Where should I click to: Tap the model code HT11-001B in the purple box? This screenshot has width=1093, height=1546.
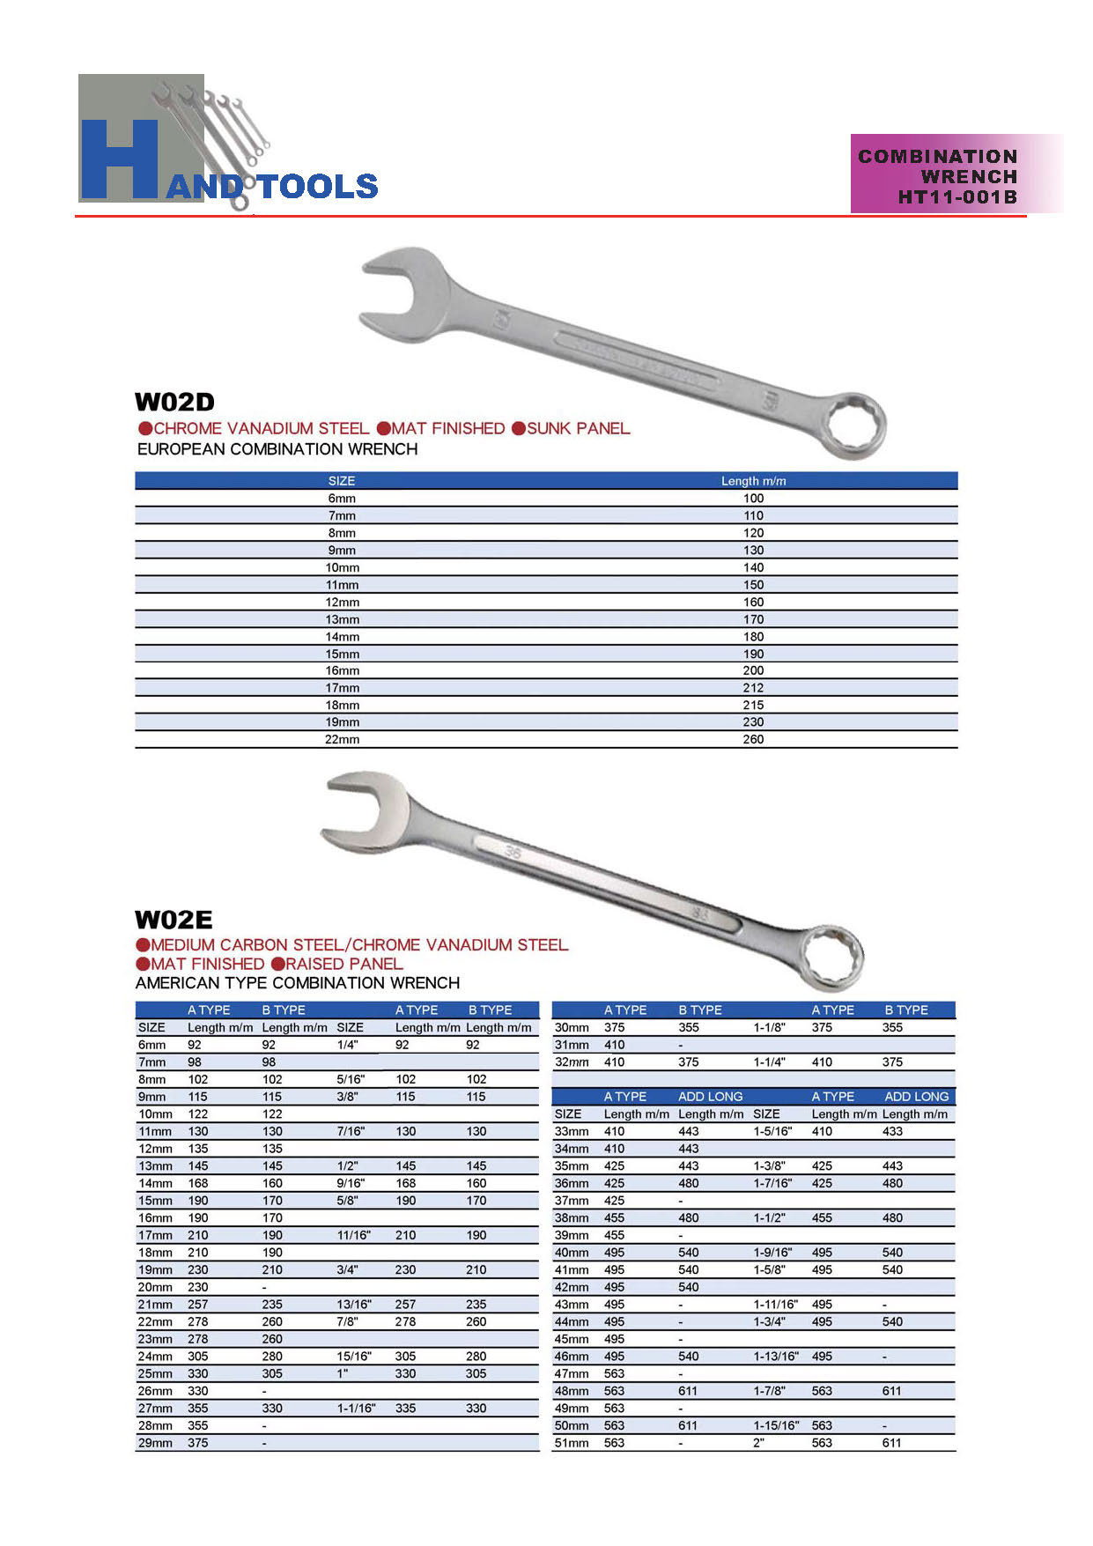(x=956, y=197)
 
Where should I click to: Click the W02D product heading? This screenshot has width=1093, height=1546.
(x=174, y=403)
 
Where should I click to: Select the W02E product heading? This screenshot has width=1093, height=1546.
(x=174, y=921)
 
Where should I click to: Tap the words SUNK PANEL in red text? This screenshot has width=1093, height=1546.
(x=578, y=429)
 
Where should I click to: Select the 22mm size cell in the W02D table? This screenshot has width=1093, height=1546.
(x=342, y=740)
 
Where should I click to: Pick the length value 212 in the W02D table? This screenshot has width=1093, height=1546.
(x=753, y=688)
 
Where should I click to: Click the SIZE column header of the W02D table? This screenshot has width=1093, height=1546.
(x=342, y=481)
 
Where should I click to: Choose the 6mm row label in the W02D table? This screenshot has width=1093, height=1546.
(x=342, y=499)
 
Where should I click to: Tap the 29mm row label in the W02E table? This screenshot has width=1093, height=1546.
(x=155, y=1443)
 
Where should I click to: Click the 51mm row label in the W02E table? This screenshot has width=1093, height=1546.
(x=572, y=1443)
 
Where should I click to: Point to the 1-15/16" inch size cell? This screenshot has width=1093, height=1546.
(x=776, y=1425)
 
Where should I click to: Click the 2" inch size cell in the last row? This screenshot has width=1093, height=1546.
(x=758, y=1443)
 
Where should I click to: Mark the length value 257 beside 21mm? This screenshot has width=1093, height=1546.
(x=198, y=1305)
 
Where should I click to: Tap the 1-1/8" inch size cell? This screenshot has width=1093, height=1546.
(x=770, y=1027)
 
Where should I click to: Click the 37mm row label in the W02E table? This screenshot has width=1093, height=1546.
(x=572, y=1201)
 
